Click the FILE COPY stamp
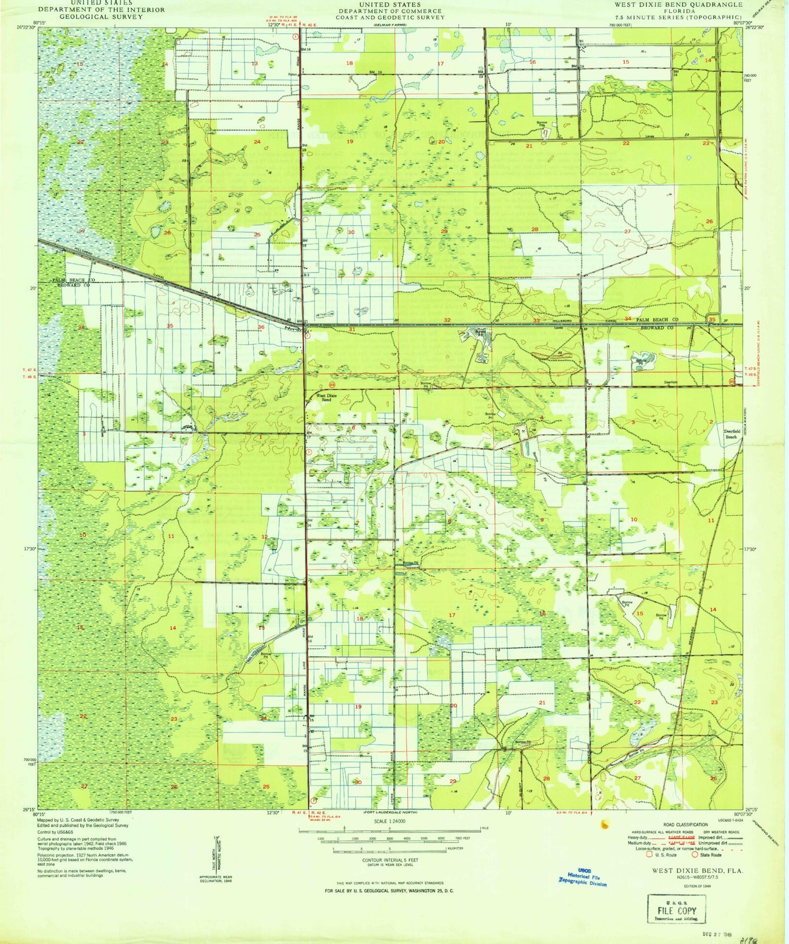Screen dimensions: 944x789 click(676, 910)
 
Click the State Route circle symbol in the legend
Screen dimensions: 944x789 click(695, 855)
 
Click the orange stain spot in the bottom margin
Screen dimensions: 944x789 click(604, 823)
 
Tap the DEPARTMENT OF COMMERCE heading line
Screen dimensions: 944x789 click(390, 11)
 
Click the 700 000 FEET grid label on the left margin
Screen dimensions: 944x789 click(29, 761)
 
